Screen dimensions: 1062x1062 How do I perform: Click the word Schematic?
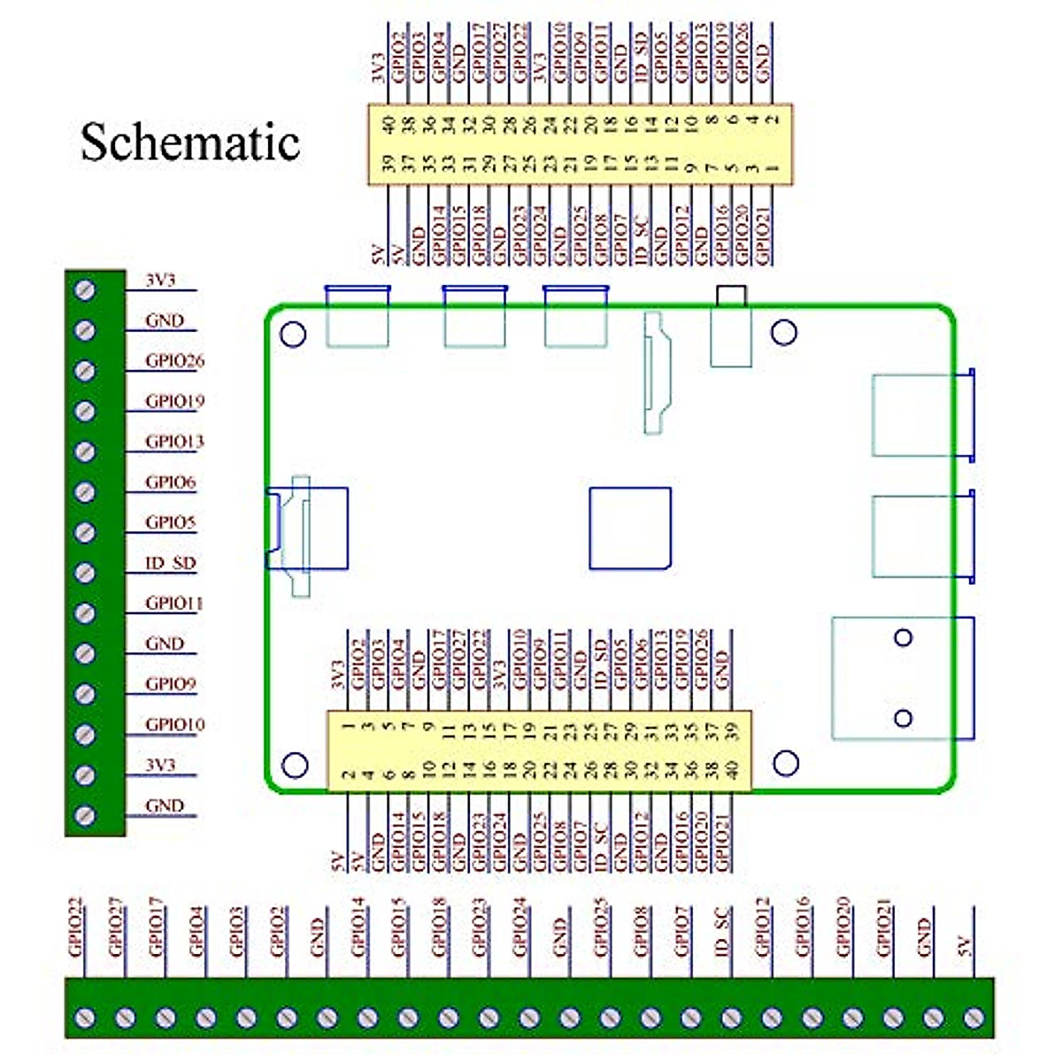pos(190,142)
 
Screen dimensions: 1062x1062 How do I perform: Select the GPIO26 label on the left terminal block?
pos(174,360)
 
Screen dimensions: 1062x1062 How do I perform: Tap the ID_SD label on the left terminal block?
pos(170,563)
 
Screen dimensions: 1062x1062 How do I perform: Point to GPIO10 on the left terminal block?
pos(174,725)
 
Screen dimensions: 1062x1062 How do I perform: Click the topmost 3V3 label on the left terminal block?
pos(160,280)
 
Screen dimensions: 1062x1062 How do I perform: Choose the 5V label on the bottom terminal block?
pos(965,945)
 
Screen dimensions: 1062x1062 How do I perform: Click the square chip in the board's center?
pos(630,527)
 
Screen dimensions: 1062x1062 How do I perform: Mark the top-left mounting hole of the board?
pos(293,334)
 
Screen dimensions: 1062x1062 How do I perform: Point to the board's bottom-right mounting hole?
pos(786,763)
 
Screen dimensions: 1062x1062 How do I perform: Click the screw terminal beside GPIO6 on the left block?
pos(85,492)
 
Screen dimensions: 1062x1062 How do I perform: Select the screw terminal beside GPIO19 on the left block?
pos(85,411)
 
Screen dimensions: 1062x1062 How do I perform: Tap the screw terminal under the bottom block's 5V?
pos(973,1018)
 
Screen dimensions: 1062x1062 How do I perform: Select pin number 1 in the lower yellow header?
pos(349,727)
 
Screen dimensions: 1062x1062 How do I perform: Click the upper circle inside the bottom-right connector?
pos(903,637)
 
